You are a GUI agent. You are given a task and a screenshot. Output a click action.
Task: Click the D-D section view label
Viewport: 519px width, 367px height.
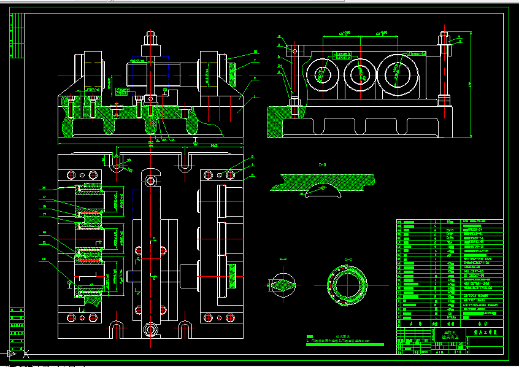[321, 165]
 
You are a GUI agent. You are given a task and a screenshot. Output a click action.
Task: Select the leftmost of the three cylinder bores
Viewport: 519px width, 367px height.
[323, 73]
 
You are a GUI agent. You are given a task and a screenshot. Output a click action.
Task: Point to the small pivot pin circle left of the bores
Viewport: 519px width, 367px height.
[294, 50]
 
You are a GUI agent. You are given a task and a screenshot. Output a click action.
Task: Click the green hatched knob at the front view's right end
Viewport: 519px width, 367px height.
[233, 73]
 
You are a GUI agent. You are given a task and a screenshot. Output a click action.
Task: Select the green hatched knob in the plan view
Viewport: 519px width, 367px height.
[233, 276]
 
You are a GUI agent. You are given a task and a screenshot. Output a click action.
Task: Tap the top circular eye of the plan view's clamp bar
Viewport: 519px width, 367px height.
[150, 182]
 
